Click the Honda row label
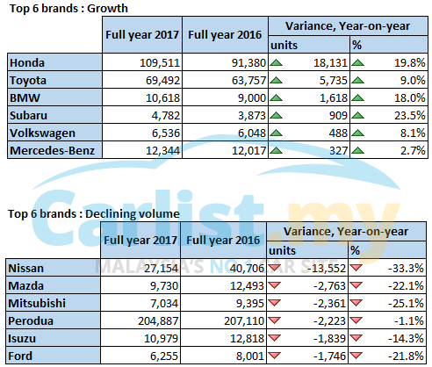(x=27, y=63)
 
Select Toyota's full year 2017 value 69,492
(x=162, y=81)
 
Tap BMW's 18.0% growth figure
(x=409, y=98)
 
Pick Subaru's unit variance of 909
(x=338, y=116)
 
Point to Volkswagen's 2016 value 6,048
(x=252, y=133)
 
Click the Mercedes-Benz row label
(x=52, y=151)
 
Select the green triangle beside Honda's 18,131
(x=276, y=62)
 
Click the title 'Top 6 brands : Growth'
(x=68, y=8)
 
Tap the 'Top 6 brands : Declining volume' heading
(x=94, y=214)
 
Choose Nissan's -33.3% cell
(x=406, y=269)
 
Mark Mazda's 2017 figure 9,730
(x=164, y=286)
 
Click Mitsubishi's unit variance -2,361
(x=329, y=304)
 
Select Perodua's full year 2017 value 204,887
(x=158, y=321)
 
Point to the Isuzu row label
(x=22, y=339)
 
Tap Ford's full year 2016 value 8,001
(x=250, y=356)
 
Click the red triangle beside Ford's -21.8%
(x=356, y=356)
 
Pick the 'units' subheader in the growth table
(x=284, y=46)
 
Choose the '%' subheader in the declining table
(x=355, y=251)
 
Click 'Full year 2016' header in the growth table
(x=225, y=35)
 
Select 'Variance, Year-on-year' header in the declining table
(x=346, y=232)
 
